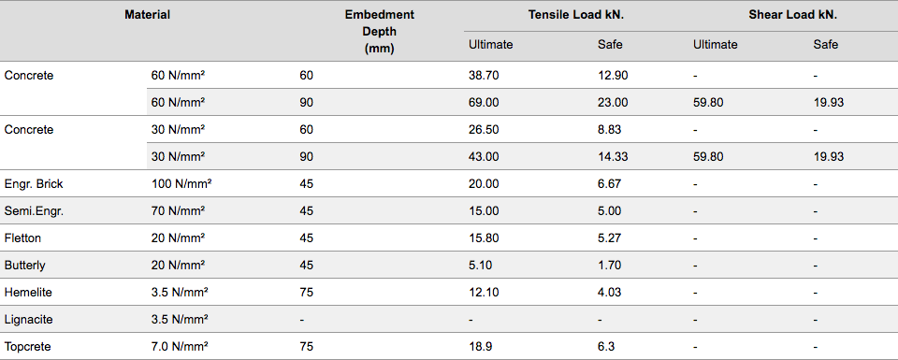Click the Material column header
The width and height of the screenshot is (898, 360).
click(147, 16)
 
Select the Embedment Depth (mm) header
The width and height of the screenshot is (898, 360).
click(379, 32)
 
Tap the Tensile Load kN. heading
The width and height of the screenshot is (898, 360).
click(576, 16)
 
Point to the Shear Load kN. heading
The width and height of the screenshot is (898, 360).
click(793, 16)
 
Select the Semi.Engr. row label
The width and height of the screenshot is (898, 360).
click(34, 211)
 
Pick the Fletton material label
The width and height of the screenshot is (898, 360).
click(22, 238)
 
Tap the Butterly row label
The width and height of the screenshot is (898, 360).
click(24, 266)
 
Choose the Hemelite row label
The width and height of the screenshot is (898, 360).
click(28, 293)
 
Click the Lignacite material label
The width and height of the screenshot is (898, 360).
click(29, 320)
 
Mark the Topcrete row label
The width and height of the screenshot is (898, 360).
click(27, 346)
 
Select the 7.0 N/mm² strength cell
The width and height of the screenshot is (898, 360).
click(180, 346)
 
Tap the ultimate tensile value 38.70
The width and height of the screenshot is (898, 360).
click(484, 76)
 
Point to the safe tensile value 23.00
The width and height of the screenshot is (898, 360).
click(612, 103)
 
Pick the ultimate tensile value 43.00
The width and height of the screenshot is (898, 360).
click(484, 157)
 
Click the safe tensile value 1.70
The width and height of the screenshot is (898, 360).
click(609, 266)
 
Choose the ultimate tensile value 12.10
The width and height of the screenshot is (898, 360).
click(484, 293)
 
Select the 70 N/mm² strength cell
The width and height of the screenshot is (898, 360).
click(178, 210)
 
